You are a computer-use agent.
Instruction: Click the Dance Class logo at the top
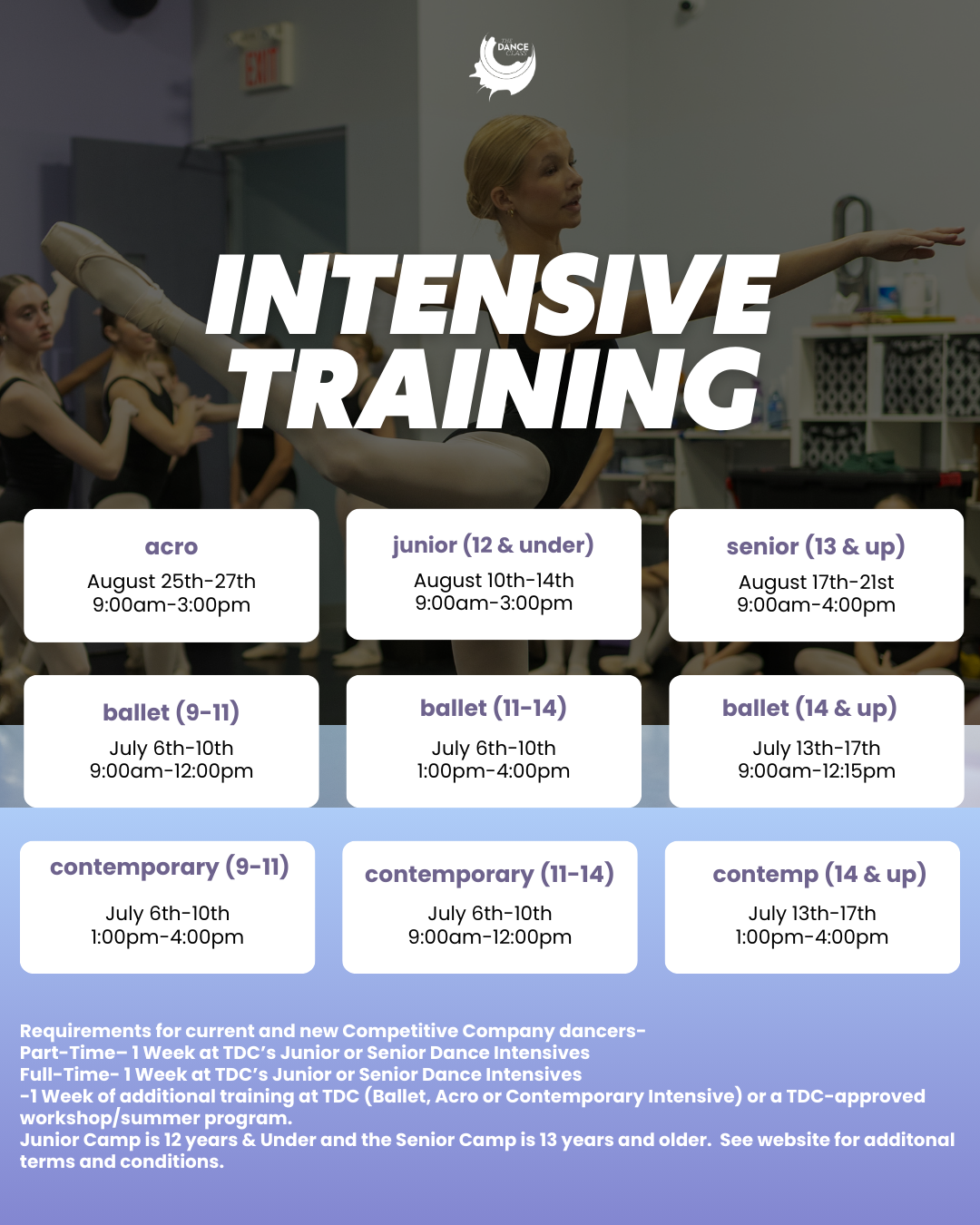pos(502,67)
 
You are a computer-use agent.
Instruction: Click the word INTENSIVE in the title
pos(492,297)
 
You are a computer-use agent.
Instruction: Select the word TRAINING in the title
pos(495,389)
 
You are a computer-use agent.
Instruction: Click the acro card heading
pos(171,546)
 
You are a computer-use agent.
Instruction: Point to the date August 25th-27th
pos(171,581)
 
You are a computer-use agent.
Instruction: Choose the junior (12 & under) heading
pos(493,545)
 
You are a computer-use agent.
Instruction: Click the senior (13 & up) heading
pos(816,546)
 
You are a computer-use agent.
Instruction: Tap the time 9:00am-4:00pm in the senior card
pos(816,604)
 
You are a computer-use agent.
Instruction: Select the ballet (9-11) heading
pos(171,712)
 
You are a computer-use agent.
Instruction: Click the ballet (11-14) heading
pos(493,708)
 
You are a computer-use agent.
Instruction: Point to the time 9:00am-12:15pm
pos(817,770)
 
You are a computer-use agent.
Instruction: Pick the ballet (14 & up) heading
pos(809,708)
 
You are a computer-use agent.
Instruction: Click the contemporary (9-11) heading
pos(169,867)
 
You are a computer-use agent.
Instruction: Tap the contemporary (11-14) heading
pos(489,875)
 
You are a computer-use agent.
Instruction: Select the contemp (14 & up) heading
pos(818,875)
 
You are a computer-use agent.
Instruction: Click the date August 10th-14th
pos(494,580)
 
